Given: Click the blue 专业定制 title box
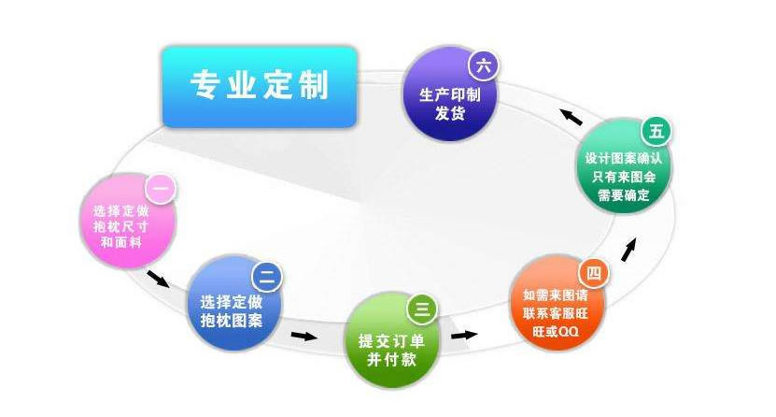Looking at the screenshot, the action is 260,87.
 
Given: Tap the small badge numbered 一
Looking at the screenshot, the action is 161,189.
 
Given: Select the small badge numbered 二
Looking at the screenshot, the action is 267,277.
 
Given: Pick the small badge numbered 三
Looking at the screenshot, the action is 422,309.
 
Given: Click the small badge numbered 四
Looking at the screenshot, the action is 594,273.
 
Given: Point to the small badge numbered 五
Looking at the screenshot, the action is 656,132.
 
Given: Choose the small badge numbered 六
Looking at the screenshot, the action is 484,65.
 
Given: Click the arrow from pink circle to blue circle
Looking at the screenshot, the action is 159,279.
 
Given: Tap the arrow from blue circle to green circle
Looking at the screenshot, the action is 303,337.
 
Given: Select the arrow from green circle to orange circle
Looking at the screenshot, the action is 464,336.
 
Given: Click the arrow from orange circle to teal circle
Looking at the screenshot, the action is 628,250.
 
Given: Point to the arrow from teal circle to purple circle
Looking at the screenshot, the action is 571,117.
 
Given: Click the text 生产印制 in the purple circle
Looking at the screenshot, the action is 450,94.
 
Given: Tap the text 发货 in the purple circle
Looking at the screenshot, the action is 450,113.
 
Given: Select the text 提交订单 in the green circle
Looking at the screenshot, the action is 391,340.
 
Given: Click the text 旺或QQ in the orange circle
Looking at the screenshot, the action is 556,331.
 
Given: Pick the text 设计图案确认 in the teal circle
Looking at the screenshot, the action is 624,159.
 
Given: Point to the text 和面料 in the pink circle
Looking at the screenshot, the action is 121,242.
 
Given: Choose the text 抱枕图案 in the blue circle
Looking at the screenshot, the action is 231,321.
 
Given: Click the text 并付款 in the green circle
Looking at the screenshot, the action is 391,360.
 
